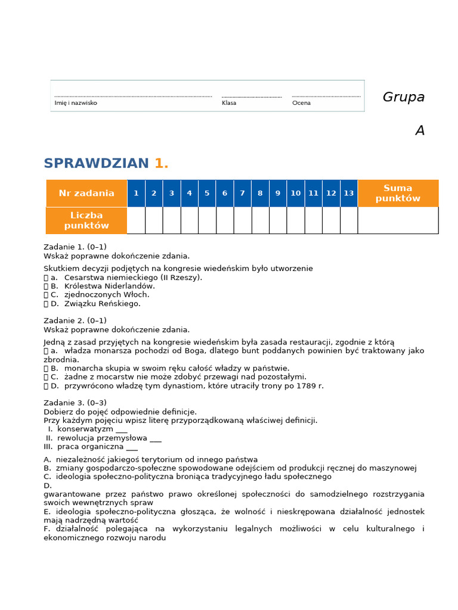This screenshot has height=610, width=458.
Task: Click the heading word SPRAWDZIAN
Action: point(96,164)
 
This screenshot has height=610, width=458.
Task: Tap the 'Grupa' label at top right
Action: point(403,97)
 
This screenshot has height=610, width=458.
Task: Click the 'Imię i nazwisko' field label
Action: point(76,103)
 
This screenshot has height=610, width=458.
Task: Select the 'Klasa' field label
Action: point(229,103)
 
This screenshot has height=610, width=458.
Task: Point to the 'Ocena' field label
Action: point(301,103)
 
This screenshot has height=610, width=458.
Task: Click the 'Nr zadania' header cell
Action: point(86,193)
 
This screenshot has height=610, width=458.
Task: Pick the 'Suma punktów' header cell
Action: point(398,193)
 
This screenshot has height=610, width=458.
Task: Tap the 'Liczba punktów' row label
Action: point(86,220)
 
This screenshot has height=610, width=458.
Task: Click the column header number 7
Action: point(242,193)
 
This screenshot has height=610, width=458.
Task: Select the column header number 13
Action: point(348,193)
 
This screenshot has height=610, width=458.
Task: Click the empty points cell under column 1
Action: point(136,220)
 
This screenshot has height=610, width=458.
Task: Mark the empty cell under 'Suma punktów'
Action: point(398,220)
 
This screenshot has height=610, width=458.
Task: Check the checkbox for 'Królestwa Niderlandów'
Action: point(46,286)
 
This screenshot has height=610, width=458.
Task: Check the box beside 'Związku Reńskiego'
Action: point(46,304)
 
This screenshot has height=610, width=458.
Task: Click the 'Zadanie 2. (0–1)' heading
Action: point(75,320)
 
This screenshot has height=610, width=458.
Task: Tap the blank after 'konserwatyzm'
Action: point(122,429)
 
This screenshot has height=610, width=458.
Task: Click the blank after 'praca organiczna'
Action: point(132,447)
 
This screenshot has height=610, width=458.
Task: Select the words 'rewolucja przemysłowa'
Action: point(102,438)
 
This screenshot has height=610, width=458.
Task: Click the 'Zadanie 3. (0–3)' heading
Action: point(75,403)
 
